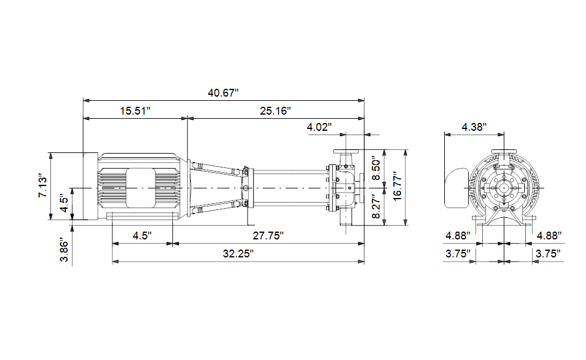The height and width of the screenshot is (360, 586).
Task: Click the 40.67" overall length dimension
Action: point(223,92)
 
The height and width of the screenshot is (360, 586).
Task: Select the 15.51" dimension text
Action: point(135,111)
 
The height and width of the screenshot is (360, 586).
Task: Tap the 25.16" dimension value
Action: point(276,111)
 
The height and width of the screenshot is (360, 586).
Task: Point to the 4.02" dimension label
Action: point(319,127)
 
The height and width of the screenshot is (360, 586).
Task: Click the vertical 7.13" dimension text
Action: point(43,185)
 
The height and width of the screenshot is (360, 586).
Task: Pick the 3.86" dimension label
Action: point(64,250)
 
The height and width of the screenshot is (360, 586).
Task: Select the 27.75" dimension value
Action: point(268,236)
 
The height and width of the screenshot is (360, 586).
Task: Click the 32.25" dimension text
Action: point(238,254)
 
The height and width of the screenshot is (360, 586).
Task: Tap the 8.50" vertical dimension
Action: point(376,169)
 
